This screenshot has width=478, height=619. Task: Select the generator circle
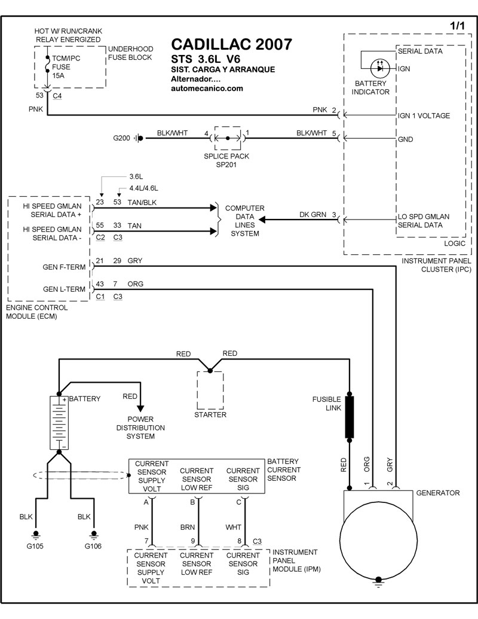[x=377, y=535]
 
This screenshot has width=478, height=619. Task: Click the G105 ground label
[x=35, y=546]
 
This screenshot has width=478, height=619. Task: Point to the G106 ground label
[x=93, y=546]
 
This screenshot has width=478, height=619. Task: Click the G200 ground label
[x=121, y=138]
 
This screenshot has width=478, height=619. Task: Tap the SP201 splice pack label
[x=226, y=164]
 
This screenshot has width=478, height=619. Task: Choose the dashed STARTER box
[x=210, y=389]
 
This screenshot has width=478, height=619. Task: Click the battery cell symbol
[x=59, y=422]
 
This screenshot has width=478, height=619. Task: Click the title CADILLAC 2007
[x=232, y=45]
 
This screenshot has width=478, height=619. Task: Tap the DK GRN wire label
[x=312, y=215]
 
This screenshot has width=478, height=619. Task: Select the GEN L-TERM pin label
[x=65, y=289]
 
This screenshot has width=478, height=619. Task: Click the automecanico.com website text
[x=207, y=89]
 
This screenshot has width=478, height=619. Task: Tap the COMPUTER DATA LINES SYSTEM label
[x=244, y=221]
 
